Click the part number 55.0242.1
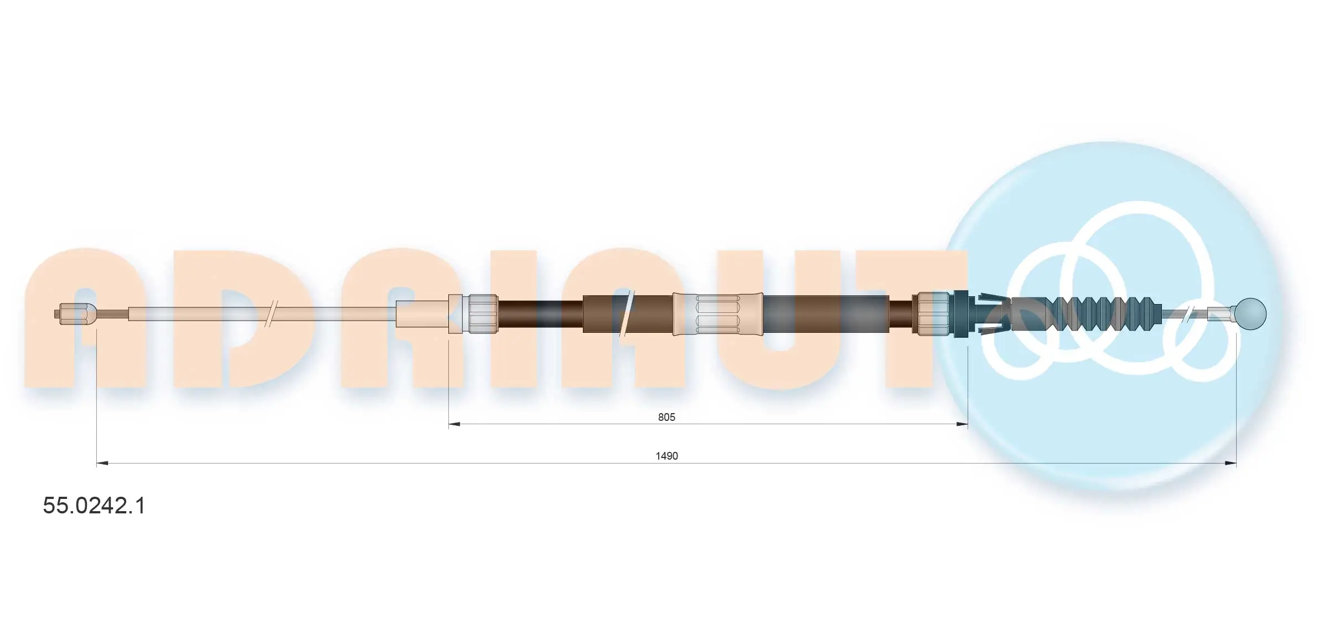(94, 506)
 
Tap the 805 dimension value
(666, 417)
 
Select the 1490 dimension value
(666, 456)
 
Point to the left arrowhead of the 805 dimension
(454, 424)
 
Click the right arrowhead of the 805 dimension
(962, 424)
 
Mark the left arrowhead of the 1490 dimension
(102, 463)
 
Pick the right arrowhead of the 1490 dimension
(1231, 463)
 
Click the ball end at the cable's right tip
(1250, 314)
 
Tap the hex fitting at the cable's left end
(76, 314)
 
